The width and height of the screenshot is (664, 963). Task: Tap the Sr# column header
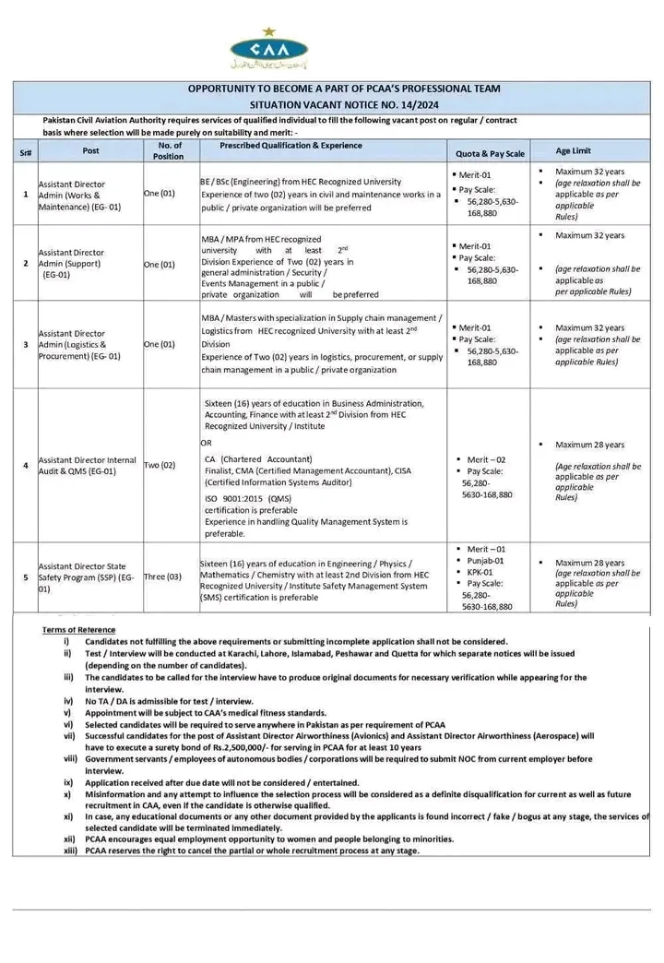(x=25, y=150)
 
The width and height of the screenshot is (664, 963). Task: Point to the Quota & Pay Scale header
(x=490, y=153)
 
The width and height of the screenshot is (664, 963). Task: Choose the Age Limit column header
(x=574, y=150)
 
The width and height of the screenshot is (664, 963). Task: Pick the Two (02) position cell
(x=160, y=465)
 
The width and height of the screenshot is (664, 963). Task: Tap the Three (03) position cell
(x=162, y=577)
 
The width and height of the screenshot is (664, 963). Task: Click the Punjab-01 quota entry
(x=485, y=560)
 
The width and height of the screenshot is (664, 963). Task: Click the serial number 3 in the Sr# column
(x=25, y=344)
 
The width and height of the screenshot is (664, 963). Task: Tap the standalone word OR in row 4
(x=206, y=443)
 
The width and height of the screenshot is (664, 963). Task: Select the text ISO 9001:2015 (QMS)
(x=247, y=498)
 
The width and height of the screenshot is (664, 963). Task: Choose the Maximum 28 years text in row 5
(x=590, y=562)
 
